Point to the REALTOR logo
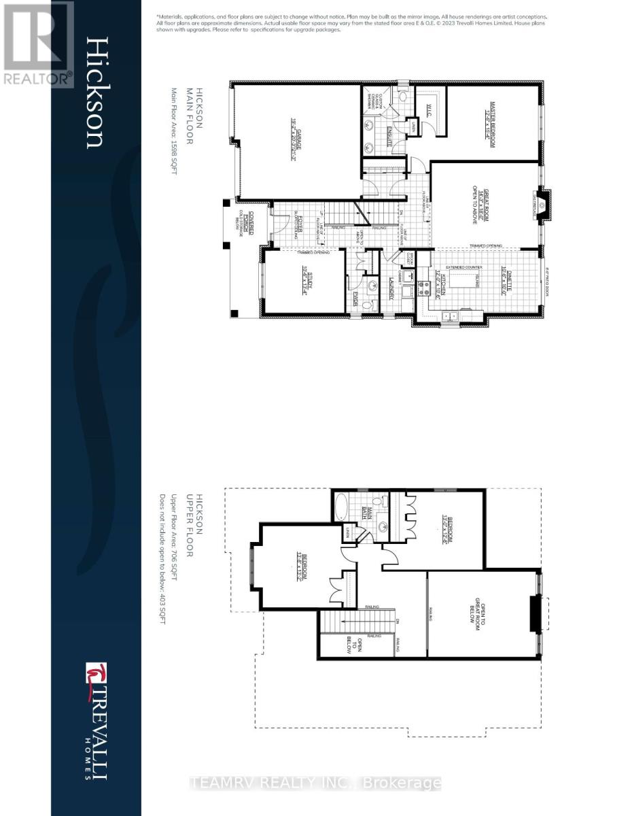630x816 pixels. (37, 44)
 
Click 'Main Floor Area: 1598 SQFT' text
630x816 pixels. (174, 133)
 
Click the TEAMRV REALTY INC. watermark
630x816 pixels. (316, 783)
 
